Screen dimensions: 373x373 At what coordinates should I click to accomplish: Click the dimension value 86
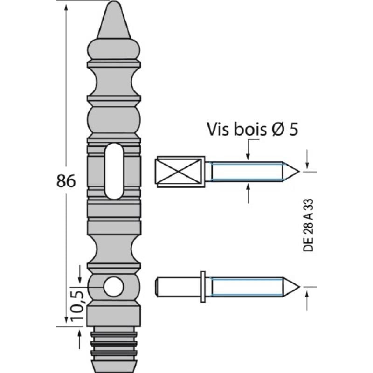[x=66, y=180]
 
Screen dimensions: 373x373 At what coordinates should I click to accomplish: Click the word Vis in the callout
[x=219, y=129]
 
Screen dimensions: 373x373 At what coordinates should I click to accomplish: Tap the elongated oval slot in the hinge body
[x=114, y=171]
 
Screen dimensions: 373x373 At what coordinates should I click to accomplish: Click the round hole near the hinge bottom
[x=112, y=286]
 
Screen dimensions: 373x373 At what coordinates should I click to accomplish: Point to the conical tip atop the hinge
[x=113, y=21]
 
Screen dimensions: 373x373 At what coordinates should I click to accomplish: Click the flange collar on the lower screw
[x=203, y=286]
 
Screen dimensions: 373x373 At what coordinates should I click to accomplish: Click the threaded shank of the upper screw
[x=246, y=171]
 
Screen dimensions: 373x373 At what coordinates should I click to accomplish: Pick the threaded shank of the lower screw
[x=246, y=286]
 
